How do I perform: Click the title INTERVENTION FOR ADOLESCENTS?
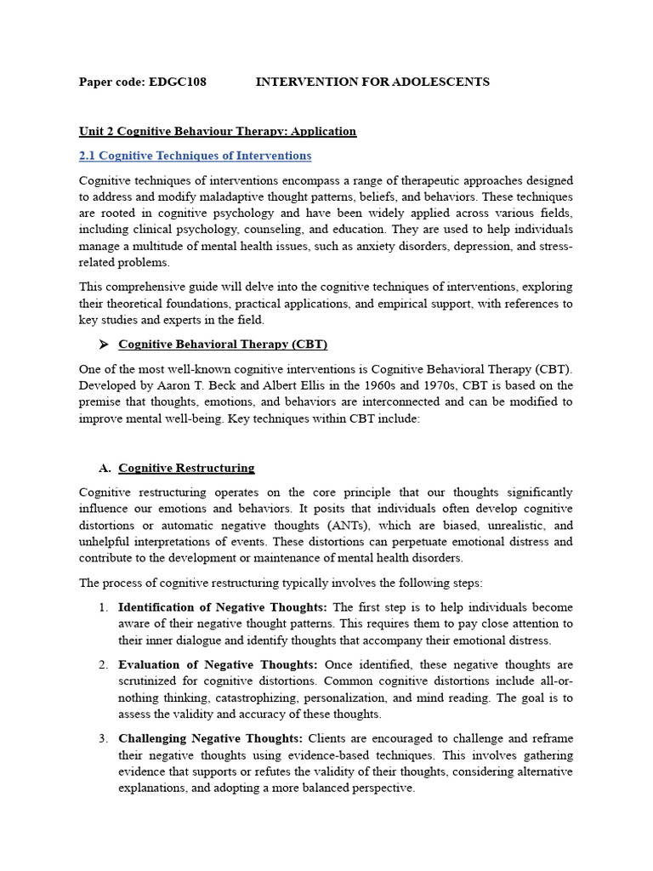pos(372,82)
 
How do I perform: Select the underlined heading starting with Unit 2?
pos(217,131)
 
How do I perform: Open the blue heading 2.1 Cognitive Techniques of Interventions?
pos(195,156)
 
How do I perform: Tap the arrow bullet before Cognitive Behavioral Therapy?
pos(104,344)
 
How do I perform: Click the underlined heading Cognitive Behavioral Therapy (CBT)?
pos(222,344)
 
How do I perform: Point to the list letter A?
pos(105,468)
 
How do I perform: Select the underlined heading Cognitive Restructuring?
pos(186,468)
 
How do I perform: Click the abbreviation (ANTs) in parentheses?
pos(334,525)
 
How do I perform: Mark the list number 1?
pos(103,607)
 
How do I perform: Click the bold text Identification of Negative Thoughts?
pos(222,607)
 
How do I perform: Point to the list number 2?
pos(103,664)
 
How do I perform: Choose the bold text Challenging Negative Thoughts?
pos(210,738)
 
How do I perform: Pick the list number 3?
pos(103,738)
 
